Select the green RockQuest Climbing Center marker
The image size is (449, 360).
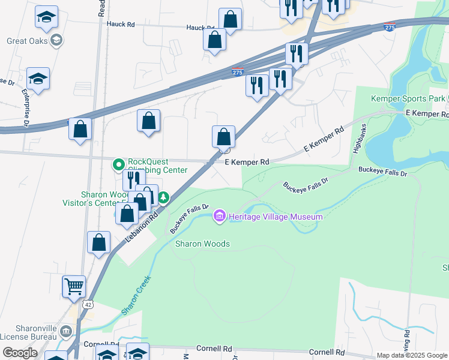click(118, 163)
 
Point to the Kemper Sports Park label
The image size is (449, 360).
click(408, 98)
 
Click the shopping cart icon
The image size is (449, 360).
click(74, 286)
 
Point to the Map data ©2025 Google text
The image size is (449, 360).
click(412, 355)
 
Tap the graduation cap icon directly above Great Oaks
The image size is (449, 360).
click(46, 17)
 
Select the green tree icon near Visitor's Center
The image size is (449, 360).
click(163, 197)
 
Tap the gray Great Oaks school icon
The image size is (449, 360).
click(56, 41)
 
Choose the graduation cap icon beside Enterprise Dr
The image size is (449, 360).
click(38, 79)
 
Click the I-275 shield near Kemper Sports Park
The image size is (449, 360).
click(390, 28)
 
